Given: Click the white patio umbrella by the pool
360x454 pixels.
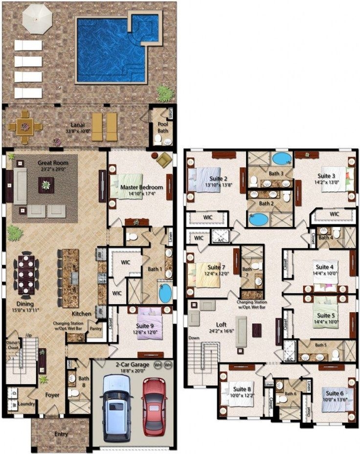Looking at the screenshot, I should [x=37, y=19].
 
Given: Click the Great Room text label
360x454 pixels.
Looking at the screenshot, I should [x=53, y=163].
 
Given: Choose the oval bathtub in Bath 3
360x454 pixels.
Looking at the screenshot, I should [x=280, y=159].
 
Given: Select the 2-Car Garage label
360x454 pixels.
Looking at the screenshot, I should [x=133, y=364].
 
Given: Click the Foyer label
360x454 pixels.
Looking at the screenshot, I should [x=53, y=394].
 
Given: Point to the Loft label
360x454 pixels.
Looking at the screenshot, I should [x=221, y=324].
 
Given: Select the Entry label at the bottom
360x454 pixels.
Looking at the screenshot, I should [x=61, y=434].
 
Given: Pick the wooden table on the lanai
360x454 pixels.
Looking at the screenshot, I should [x=24, y=127].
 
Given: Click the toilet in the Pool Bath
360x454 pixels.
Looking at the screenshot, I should [x=158, y=138].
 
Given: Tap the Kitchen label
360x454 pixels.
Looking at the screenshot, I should [x=81, y=313].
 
